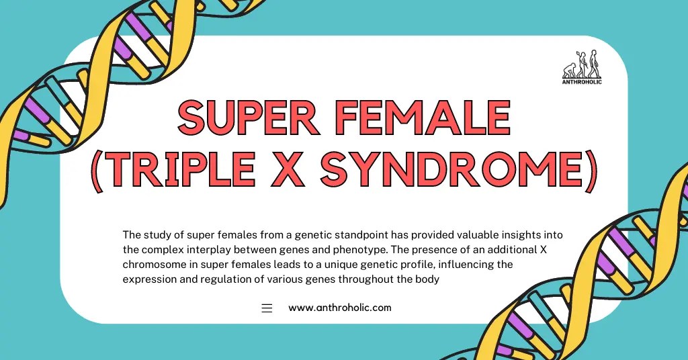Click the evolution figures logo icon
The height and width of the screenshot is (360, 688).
[x=582, y=65]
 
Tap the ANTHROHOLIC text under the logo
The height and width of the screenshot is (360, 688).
[x=582, y=82]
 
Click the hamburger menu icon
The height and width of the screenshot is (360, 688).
[x=267, y=308]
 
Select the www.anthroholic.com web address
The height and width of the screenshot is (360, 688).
[x=339, y=308]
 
